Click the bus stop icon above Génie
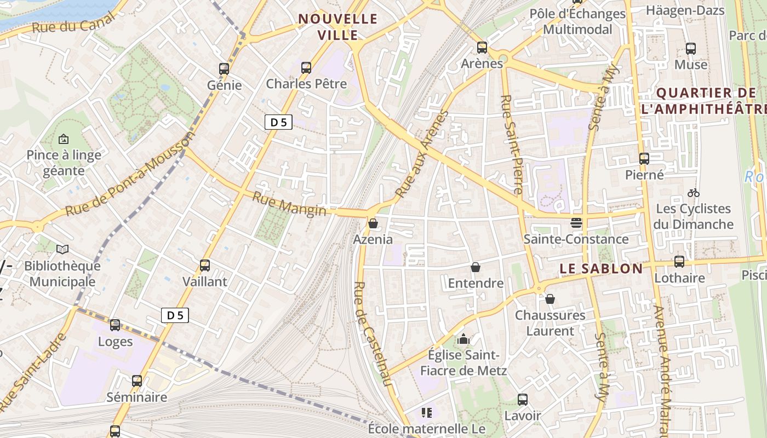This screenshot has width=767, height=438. tap(224, 69)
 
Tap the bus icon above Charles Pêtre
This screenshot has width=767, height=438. tap(306, 68)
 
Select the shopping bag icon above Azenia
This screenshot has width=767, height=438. tap(373, 223)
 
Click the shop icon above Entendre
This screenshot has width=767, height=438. tap(476, 267)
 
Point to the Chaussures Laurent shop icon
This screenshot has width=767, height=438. tap(550, 299)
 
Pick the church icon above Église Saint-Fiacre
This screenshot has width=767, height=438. tap(463, 339)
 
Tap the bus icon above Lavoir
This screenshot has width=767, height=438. tap(523, 400)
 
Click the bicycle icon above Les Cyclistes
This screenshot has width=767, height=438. tap(693, 193)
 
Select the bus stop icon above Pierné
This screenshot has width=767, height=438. tap(644, 159)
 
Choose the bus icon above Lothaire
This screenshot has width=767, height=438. tap(679, 262)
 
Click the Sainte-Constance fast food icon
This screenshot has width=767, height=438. tap(576, 223)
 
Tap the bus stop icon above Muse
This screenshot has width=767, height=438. tap(691, 49)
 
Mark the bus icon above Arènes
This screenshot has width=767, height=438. tap(482, 48)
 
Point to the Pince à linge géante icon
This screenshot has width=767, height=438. tap(64, 139)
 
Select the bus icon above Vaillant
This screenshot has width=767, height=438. tap(205, 266)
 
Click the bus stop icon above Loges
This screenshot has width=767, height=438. tap(115, 325)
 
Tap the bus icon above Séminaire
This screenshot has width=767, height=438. tap(137, 381)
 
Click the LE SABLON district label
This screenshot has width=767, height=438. tap(601, 269)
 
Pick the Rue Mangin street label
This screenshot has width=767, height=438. tap(289, 203)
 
